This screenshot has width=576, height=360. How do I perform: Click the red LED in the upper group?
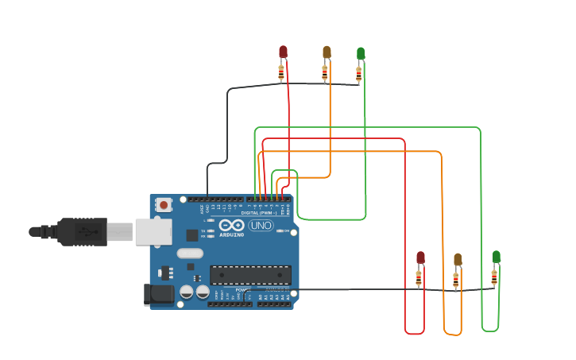click(x=283, y=52)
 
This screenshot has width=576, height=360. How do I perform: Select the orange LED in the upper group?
click(x=327, y=52)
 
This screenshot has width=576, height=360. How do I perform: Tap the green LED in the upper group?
click(x=361, y=53)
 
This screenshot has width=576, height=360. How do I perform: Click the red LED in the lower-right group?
click(x=420, y=257)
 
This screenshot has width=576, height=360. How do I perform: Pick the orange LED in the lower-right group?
click(x=458, y=260)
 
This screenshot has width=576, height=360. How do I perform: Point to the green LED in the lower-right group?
click(x=496, y=257)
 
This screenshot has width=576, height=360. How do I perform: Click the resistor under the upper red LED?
click(x=281, y=72)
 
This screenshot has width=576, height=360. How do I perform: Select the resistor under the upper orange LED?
click(x=324, y=72)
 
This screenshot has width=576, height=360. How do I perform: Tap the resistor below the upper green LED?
click(x=358, y=74)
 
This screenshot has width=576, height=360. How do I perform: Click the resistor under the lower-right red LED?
click(x=419, y=277)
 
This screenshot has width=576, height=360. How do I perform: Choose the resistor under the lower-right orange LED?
click(x=456, y=280)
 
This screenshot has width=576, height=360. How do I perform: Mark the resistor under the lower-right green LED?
click(x=494, y=277)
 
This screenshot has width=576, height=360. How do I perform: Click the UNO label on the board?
click(x=261, y=226)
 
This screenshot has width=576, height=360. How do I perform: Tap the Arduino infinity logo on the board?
click(x=231, y=225)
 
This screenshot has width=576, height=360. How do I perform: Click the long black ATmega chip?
click(x=250, y=275)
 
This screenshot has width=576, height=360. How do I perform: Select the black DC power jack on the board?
click(x=159, y=294)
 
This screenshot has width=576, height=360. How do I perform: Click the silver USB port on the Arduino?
click(x=153, y=231)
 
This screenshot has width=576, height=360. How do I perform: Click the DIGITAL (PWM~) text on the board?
click(x=258, y=214)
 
